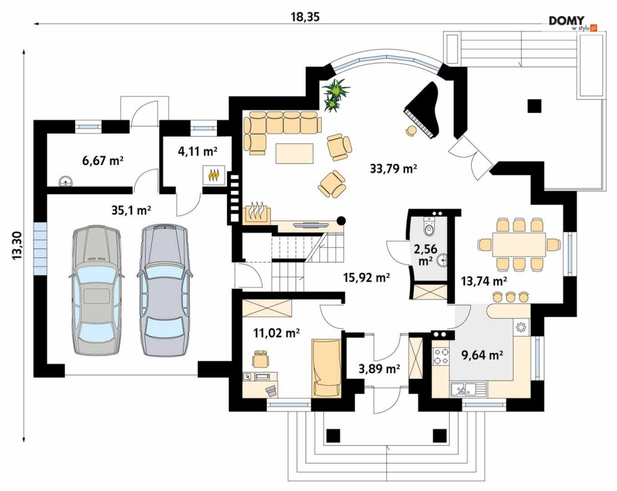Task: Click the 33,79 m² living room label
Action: pos(393,169)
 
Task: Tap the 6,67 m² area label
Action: pos(103,161)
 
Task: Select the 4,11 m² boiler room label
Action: pos(198,151)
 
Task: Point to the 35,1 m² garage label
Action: pos(131,211)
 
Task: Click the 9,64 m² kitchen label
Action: pos(482,355)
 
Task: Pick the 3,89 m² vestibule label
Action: pos(380,369)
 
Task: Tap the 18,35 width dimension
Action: pos(305,17)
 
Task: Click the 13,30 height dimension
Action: pos(17,245)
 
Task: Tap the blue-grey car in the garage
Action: pos(162,290)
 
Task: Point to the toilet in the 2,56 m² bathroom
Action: pos(430,227)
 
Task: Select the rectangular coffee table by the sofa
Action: pos(295,154)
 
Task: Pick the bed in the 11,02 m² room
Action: pos(327,368)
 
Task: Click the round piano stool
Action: pos(412,130)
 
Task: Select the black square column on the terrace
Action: pos(535,105)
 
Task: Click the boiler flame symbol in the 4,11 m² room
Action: pos(214,175)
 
